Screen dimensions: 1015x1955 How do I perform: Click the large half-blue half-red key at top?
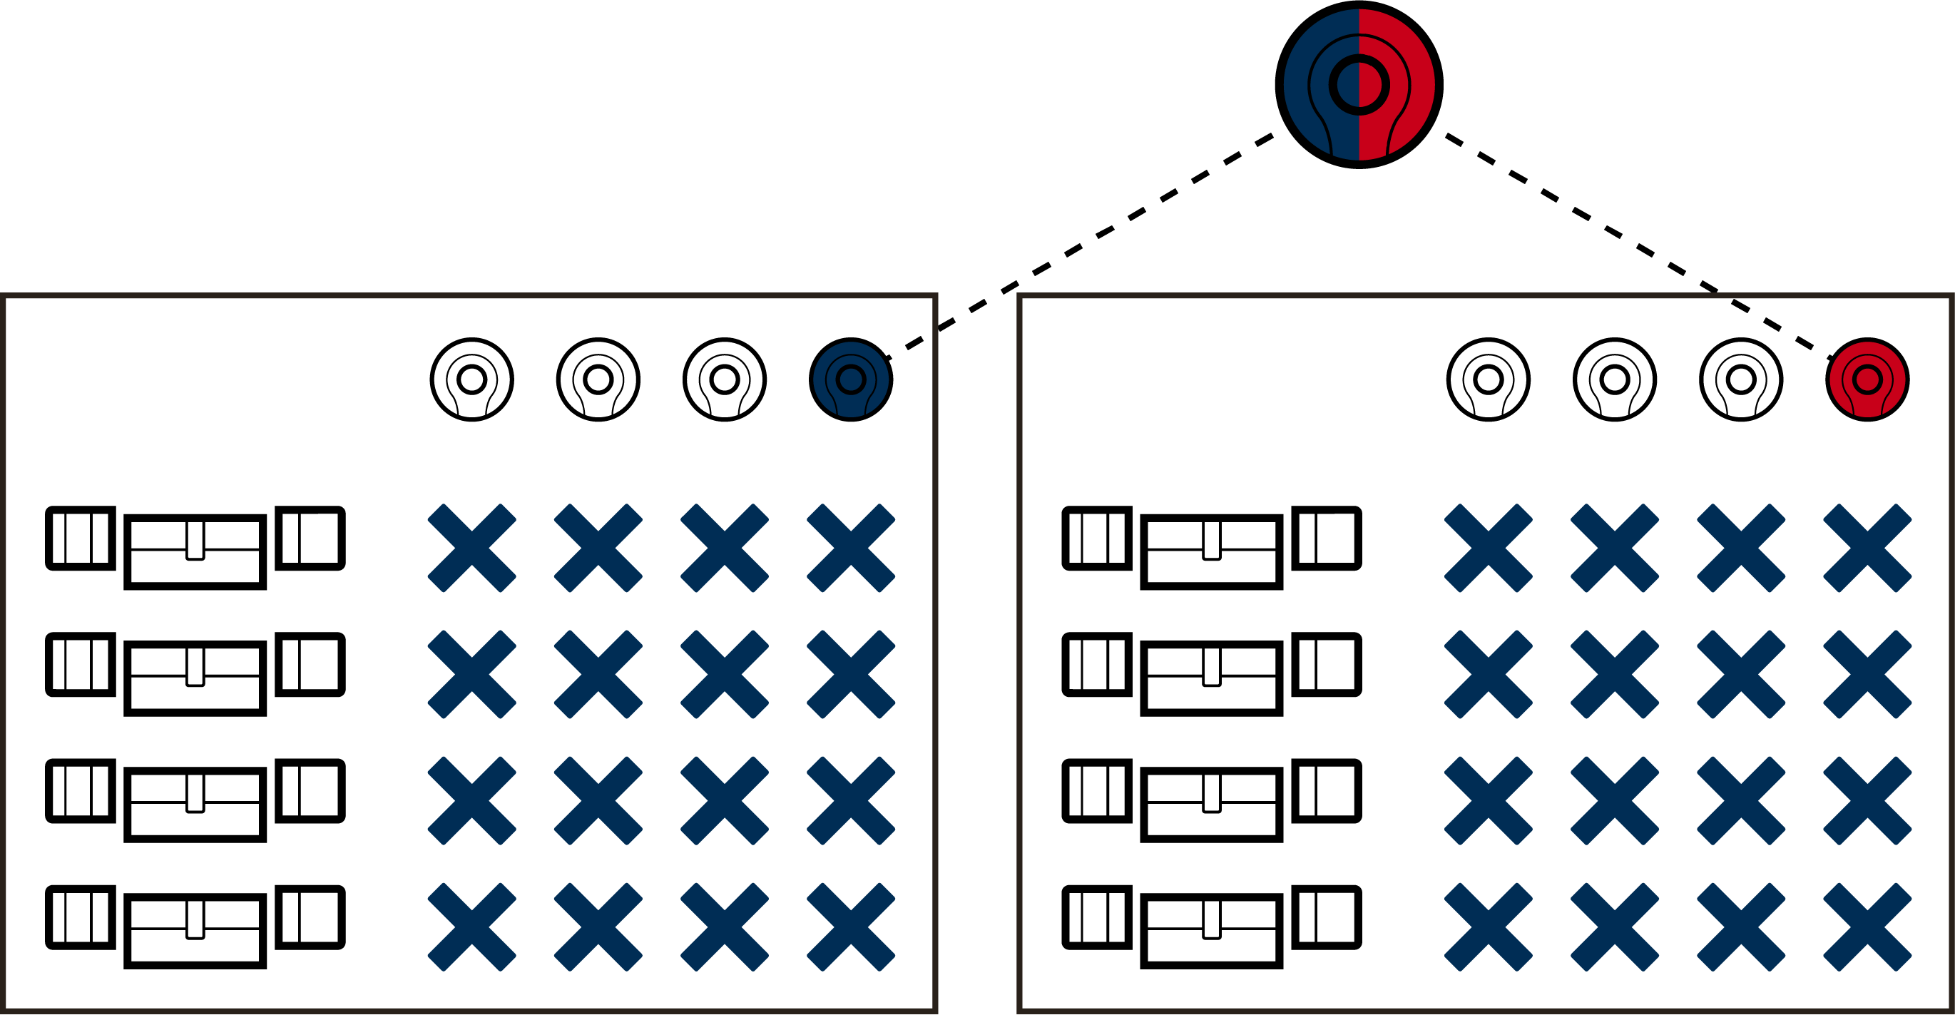[x=1359, y=84]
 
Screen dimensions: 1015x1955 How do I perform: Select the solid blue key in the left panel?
[x=851, y=379]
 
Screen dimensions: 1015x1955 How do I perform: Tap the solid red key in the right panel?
[x=1867, y=379]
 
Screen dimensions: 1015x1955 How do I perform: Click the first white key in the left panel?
[x=472, y=379]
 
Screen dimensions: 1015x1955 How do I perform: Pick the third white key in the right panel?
[x=1741, y=379]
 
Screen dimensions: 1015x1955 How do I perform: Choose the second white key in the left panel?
[x=598, y=379]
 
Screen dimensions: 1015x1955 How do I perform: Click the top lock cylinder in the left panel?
[x=195, y=548]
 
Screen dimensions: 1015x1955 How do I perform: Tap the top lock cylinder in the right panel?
[x=1211, y=548]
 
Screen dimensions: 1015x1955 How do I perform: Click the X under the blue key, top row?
[x=851, y=547]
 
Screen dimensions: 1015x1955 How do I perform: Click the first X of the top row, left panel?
[x=472, y=547]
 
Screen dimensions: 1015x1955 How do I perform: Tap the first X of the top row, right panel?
[x=1489, y=547]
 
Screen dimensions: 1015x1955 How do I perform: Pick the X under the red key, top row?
[x=1867, y=547]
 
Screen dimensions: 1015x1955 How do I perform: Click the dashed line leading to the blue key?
[x=1081, y=247]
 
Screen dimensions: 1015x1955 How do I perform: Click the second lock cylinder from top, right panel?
[x=1211, y=675]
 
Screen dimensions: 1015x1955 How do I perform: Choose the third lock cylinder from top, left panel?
[x=195, y=801]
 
